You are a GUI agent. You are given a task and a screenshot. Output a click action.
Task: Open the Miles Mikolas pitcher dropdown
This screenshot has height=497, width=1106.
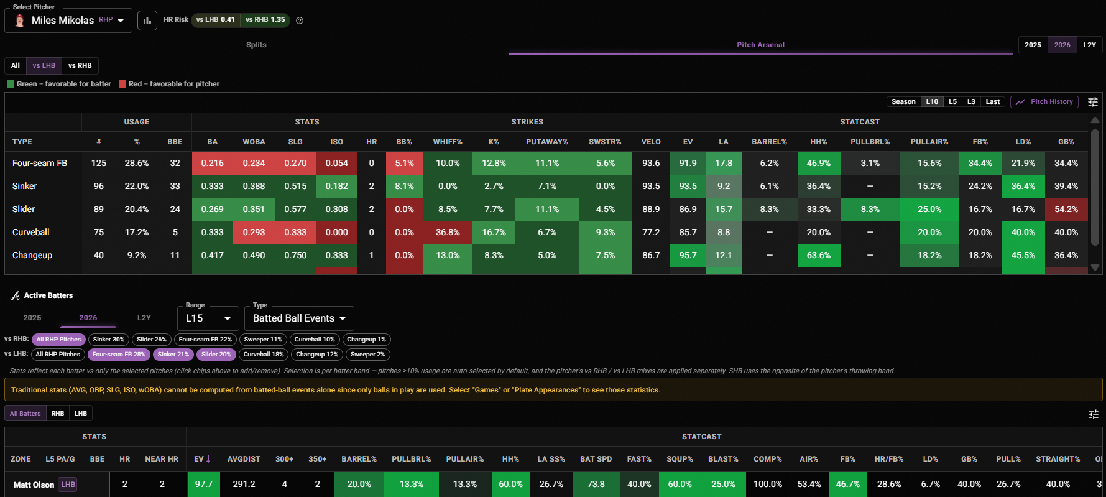(x=68, y=21)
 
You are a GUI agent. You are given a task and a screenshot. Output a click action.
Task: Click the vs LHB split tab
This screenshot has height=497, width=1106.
(x=44, y=65)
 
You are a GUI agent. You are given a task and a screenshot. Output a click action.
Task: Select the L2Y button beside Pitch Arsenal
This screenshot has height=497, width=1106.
(x=1089, y=45)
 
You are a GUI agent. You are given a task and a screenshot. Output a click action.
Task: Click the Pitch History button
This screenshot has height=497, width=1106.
(x=1046, y=101)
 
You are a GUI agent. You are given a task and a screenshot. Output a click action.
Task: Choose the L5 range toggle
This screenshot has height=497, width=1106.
(x=952, y=101)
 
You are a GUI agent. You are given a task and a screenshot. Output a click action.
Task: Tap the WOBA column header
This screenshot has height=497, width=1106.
(x=254, y=142)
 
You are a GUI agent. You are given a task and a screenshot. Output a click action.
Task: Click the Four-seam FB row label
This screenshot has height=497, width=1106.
(x=40, y=163)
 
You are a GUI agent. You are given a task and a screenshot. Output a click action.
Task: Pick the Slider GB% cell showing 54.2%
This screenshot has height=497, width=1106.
(x=1066, y=209)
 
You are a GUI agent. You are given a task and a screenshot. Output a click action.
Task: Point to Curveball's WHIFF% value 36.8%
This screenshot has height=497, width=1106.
(x=448, y=232)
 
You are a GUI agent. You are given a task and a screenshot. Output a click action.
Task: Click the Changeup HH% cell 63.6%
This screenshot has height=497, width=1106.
(x=819, y=255)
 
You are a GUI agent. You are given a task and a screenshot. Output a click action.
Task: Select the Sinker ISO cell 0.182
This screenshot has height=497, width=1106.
(x=337, y=186)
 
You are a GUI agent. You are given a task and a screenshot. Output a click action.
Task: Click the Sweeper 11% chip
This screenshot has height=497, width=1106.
(x=263, y=340)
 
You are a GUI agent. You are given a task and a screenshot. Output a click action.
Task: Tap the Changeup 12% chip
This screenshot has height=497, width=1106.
(x=317, y=355)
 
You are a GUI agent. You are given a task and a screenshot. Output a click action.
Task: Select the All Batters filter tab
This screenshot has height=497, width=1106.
(x=25, y=413)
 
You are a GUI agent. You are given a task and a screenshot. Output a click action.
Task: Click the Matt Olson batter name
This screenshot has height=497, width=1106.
(x=34, y=485)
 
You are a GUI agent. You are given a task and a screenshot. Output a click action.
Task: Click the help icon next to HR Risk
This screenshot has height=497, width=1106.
(x=300, y=21)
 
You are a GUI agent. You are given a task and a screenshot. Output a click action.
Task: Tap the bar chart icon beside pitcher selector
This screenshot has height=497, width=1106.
(x=147, y=21)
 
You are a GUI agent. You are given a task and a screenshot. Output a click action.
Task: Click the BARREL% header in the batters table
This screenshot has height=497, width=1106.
(x=359, y=459)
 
